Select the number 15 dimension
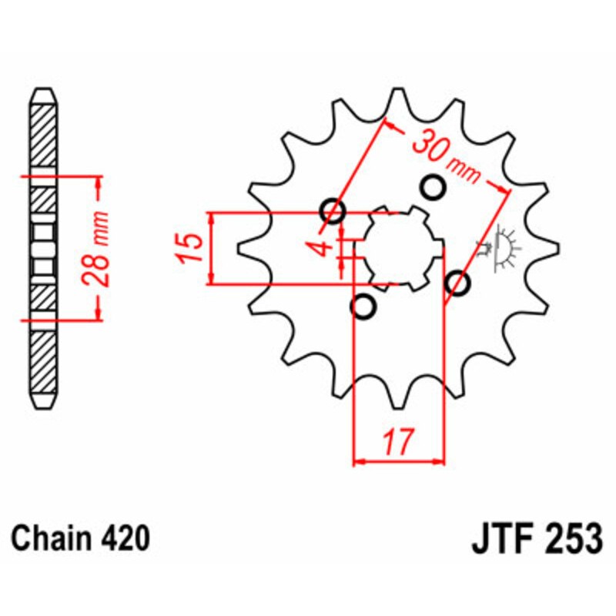coord(192,248)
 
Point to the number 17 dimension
coord(398,442)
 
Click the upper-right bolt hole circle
coord(434,186)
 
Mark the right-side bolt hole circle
coord(457,284)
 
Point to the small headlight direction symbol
coord(502,248)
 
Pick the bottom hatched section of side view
coord(44,362)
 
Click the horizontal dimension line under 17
coord(399,463)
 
